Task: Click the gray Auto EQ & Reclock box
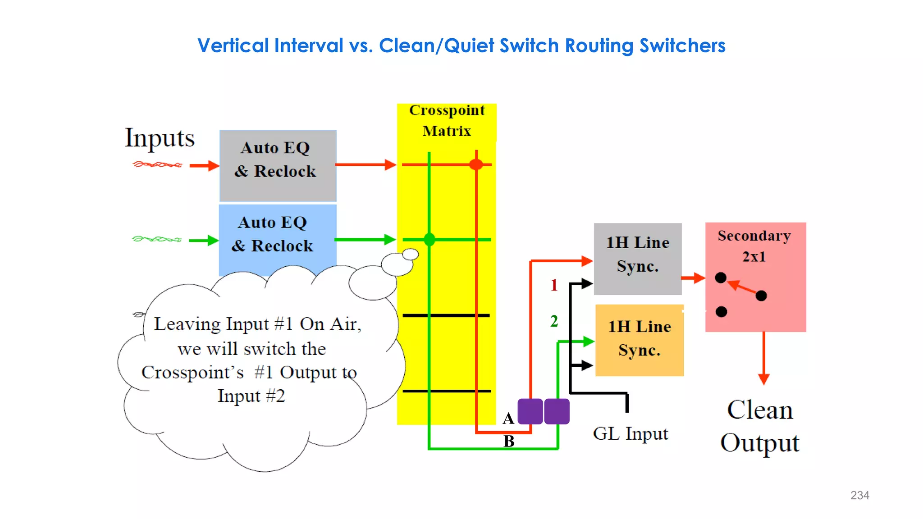point(278,165)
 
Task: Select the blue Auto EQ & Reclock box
point(277,239)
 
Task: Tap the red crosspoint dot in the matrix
point(476,164)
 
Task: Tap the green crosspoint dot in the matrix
point(430,239)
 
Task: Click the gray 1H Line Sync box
point(637,258)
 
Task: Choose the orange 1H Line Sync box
point(639,340)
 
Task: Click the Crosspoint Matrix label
point(447,120)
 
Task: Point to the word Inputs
point(160,138)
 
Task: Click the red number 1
point(554,285)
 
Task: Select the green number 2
point(554,321)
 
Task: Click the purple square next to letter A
point(530,411)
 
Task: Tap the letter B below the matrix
point(509,441)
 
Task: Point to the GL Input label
point(630,434)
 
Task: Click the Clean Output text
point(760,426)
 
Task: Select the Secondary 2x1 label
point(754,246)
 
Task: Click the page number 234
point(859,495)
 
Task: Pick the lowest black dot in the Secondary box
point(721,312)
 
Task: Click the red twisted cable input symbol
point(157,164)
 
